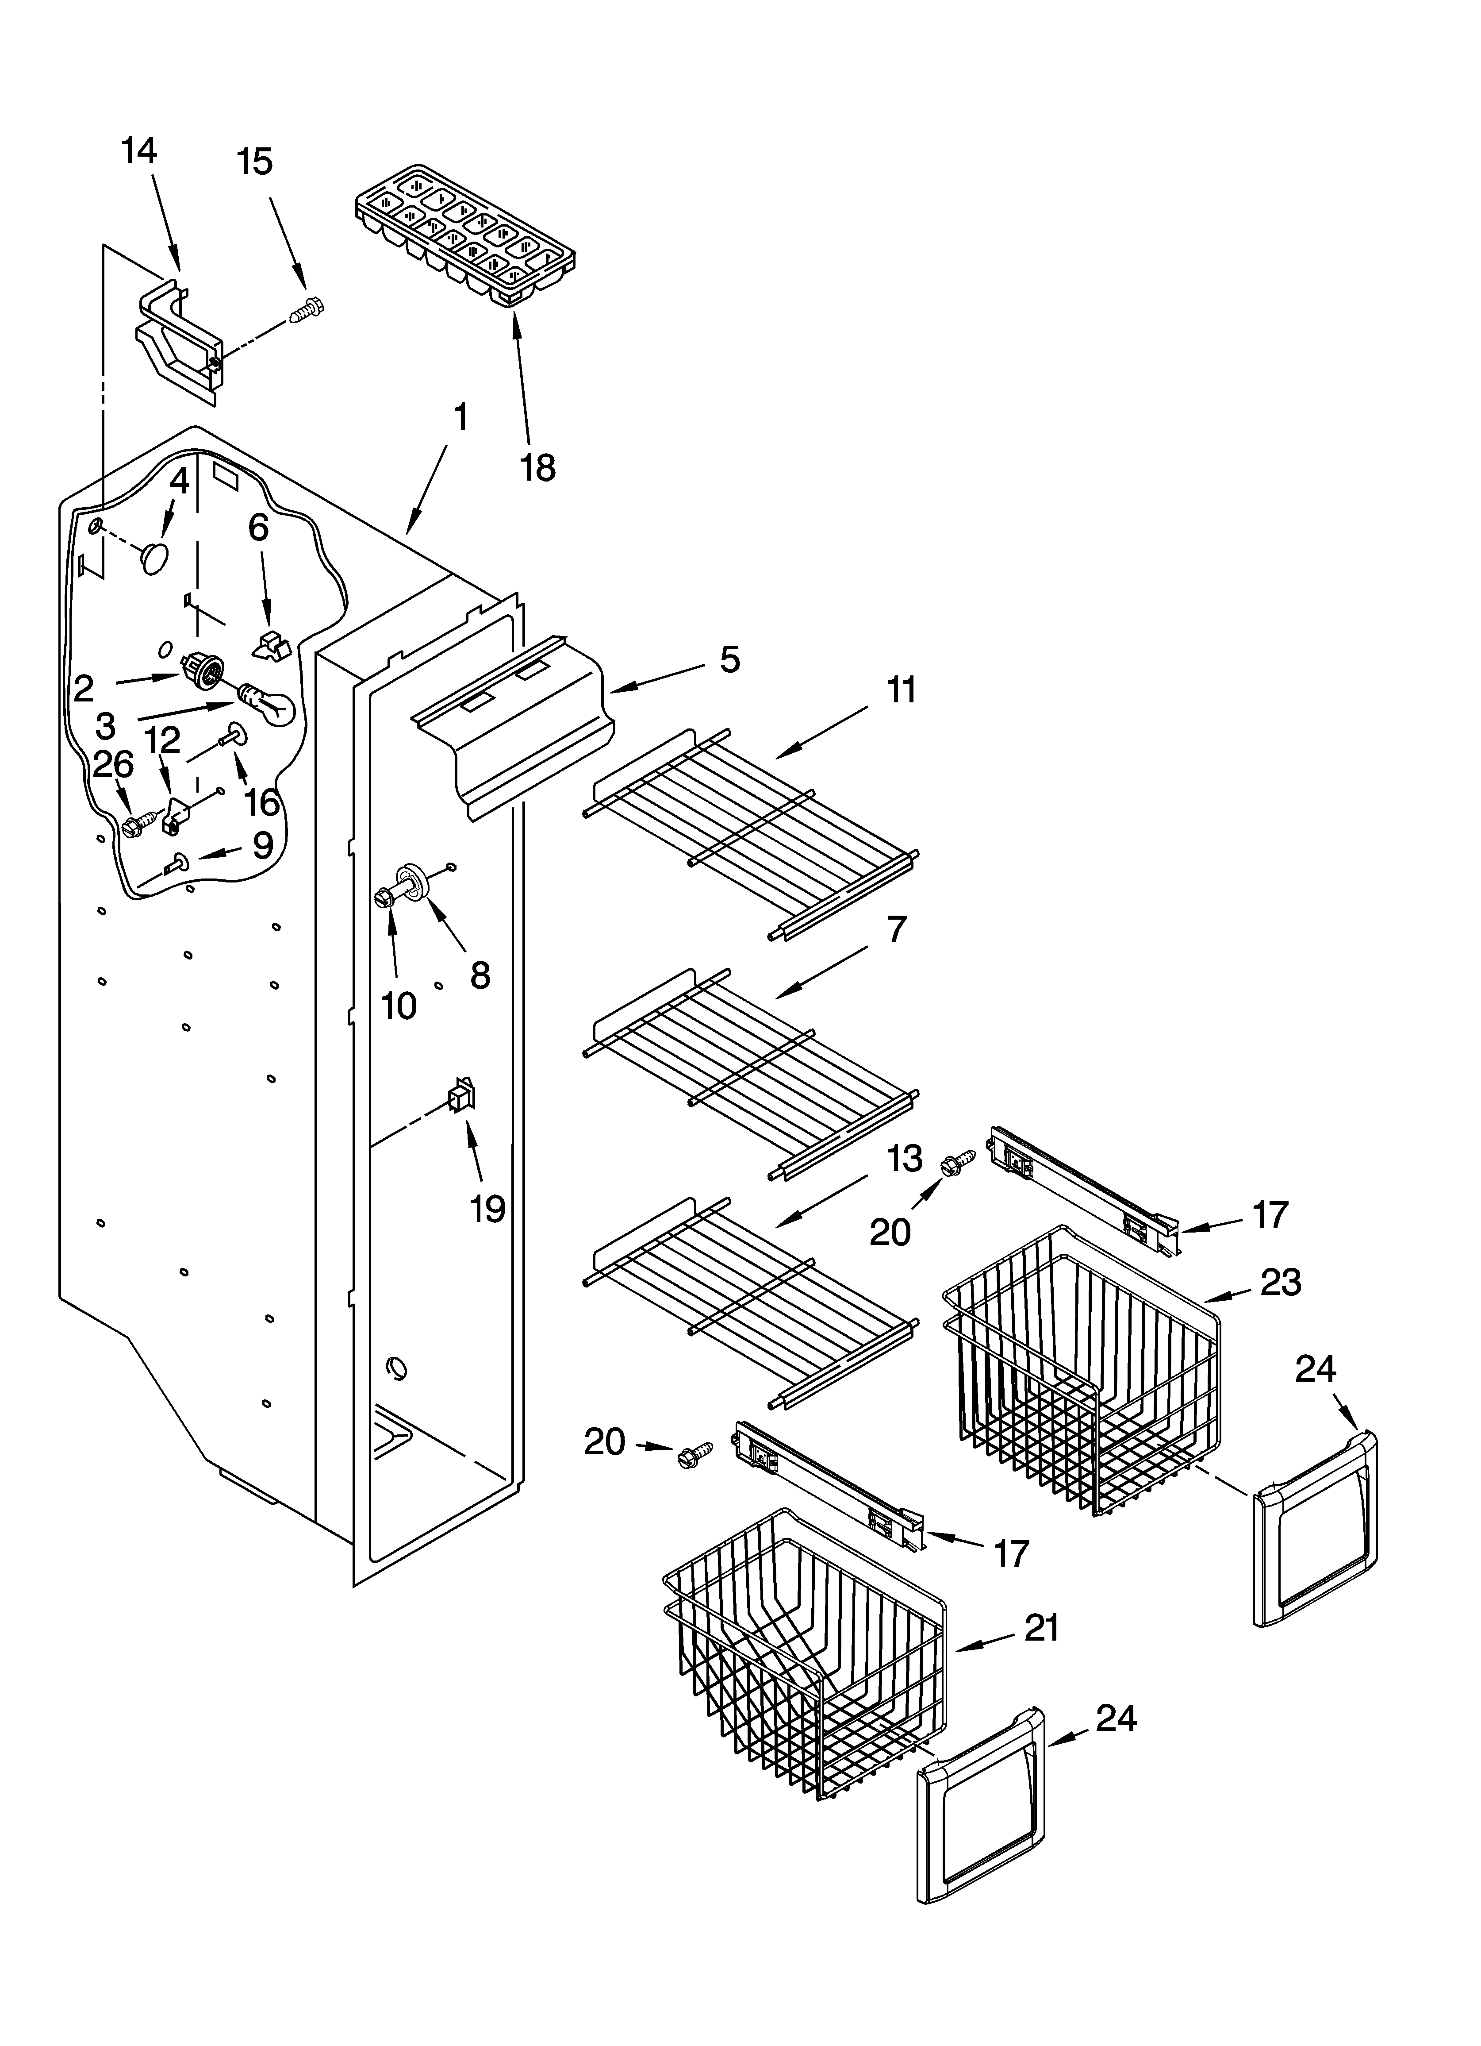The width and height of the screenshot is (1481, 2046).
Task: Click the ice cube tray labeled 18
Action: (x=464, y=236)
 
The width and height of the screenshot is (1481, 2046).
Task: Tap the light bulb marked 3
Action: (x=267, y=704)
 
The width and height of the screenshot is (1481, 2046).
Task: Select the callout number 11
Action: (x=901, y=690)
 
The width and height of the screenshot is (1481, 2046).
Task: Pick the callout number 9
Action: (x=261, y=845)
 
